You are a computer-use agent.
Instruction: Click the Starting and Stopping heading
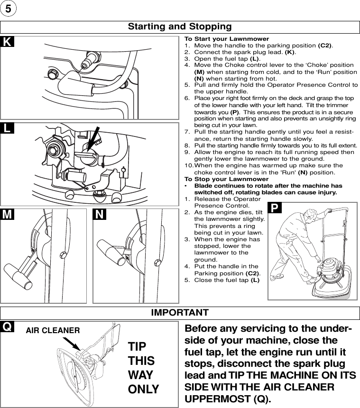180,27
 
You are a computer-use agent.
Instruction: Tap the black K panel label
7,42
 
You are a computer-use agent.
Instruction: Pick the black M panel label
7,215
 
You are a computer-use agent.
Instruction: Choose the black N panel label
100,215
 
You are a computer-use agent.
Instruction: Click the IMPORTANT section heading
180,313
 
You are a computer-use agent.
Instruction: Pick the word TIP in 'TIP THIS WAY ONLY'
138,346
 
